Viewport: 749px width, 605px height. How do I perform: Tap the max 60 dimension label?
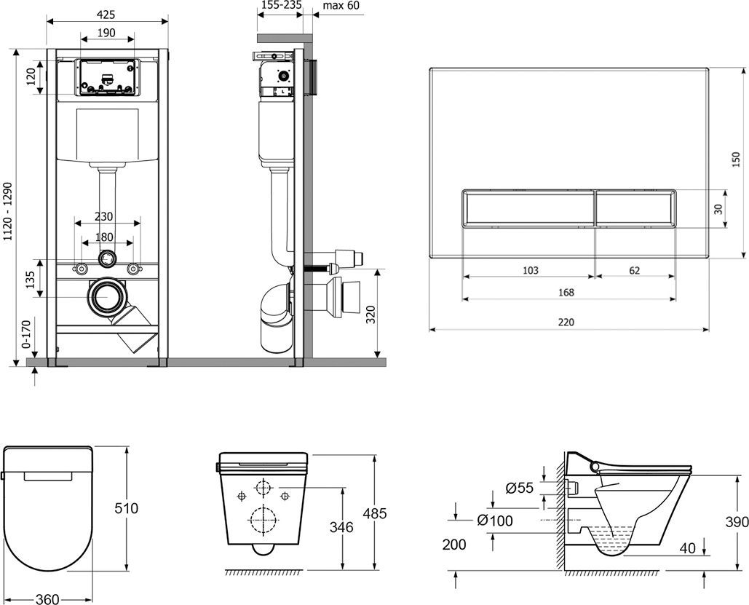click(x=341, y=6)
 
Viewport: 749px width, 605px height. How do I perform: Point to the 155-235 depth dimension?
click(x=281, y=6)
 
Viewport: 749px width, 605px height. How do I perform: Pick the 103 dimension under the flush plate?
click(x=531, y=270)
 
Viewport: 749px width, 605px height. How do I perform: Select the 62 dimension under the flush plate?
click(x=634, y=270)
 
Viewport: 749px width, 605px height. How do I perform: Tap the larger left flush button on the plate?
click(x=528, y=208)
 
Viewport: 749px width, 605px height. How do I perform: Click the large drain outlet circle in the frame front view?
click(x=107, y=298)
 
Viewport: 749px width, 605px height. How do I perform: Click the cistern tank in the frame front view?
click(x=107, y=135)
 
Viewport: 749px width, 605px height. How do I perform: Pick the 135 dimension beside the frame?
click(x=31, y=279)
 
